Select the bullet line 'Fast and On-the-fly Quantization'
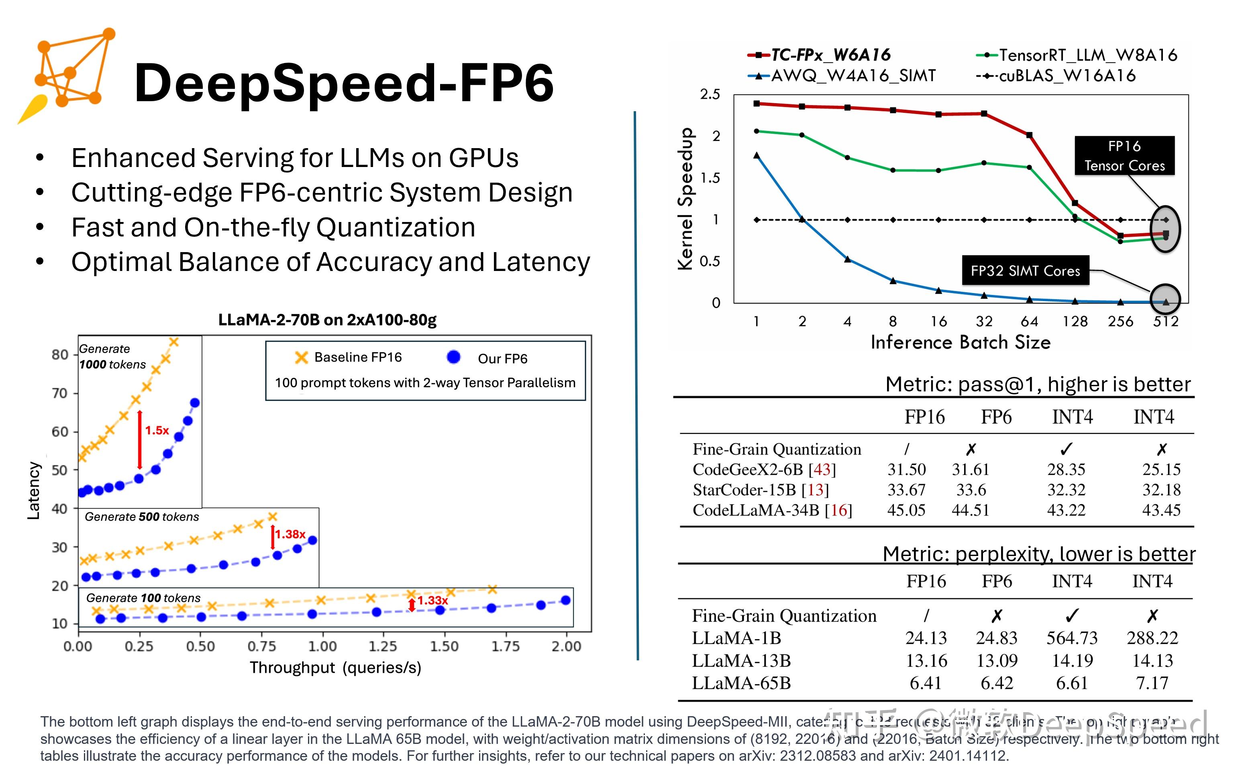(x=273, y=227)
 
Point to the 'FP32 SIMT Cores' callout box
(x=1025, y=270)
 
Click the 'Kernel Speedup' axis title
(x=685, y=198)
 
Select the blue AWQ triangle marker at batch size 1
(x=757, y=155)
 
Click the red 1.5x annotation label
(x=157, y=430)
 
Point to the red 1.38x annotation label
(x=290, y=534)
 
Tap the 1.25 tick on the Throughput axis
(x=383, y=646)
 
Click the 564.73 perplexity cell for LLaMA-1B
(x=1072, y=638)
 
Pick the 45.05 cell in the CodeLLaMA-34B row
(x=906, y=510)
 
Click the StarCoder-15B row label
(x=761, y=490)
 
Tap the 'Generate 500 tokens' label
(x=142, y=516)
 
